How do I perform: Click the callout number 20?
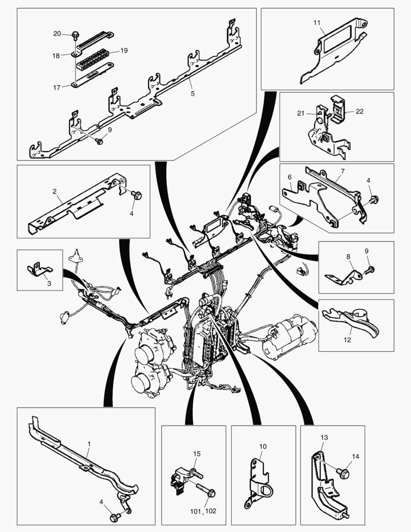57,33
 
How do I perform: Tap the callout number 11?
316,23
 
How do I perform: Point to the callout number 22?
359,111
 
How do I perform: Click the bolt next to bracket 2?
137,196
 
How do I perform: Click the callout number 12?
348,340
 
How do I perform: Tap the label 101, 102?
204,512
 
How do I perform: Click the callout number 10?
263,446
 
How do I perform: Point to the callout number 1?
89,444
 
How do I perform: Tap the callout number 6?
290,176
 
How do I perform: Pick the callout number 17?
57,87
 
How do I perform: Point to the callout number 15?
196,453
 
